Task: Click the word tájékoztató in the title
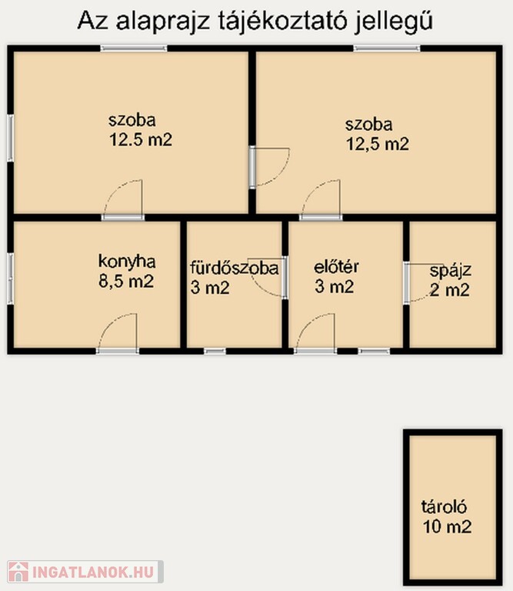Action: [x=282, y=22]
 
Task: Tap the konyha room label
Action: [x=127, y=262]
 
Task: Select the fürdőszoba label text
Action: [x=235, y=268]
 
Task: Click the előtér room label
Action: [x=336, y=267]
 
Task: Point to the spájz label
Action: [x=451, y=271]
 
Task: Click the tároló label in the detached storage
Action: [x=444, y=506]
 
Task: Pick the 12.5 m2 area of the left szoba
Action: [x=141, y=140]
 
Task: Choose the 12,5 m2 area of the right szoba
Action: [x=377, y=144]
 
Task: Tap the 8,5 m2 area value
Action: [x=126, y=281]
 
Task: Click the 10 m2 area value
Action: [x=447, y=526]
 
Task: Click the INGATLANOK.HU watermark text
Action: [x=93, y=572]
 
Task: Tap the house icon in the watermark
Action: [x=18, y=572]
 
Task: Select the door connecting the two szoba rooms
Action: [x=269, y=167]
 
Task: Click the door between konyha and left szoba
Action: [x=123, y=200]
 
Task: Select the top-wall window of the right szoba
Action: [x=387, y=48]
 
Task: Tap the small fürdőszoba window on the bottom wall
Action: [x=215, y=351]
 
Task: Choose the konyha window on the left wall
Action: [x=11, y=279]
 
